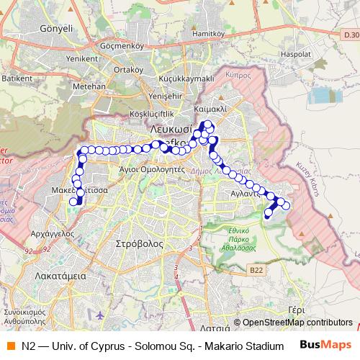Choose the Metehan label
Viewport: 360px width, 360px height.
point(89,86)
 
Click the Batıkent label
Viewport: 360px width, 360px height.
point(18,77)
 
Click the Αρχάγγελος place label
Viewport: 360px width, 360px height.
point(54,233)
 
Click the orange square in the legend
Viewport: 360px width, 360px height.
point(10,345)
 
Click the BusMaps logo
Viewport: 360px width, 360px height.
point(326,345)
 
